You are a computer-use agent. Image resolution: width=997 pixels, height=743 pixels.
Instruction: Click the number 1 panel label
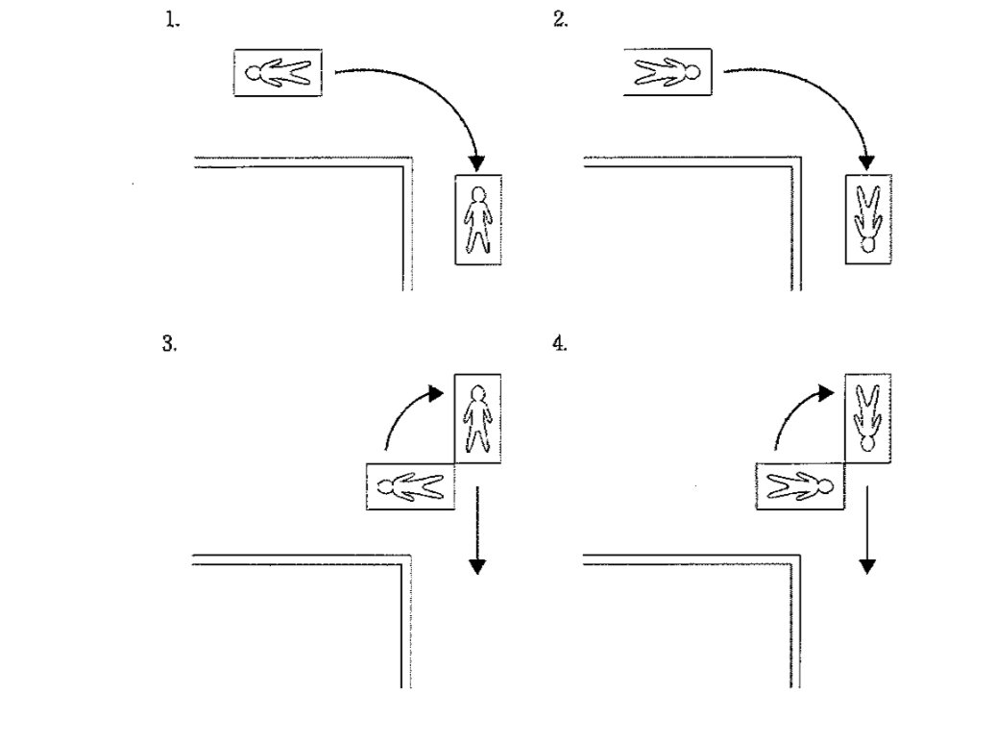[x=172, y=20]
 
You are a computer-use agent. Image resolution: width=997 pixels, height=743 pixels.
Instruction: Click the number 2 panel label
[x=560, y=20]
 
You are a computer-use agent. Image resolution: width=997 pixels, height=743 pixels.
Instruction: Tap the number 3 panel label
[x=169, y=344]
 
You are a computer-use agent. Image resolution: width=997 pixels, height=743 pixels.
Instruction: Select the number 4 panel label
[x=559, y=344]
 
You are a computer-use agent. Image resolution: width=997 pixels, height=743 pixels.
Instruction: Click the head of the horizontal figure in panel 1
[x=254, y=73]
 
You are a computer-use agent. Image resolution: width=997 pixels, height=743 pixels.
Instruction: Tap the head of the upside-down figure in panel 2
[x=868, y=245]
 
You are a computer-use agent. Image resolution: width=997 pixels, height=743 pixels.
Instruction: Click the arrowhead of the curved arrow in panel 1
[x=475, y=163]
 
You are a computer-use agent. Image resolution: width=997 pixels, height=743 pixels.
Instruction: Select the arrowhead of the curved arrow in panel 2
[x=866, y=162]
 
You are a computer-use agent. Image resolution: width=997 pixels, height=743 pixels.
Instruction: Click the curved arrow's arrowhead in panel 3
[x=436, y=393]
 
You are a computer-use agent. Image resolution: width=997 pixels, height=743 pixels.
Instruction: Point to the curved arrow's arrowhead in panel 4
[x=826, y=393]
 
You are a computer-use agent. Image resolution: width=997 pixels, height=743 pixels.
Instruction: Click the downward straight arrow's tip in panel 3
[x=477, y=575]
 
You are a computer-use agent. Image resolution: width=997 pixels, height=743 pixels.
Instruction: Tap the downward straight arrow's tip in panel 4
[x=867, y=575]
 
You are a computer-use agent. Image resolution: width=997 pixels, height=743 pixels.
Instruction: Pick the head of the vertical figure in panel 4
[x=868, y=443]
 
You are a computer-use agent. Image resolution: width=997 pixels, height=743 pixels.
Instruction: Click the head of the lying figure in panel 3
[x=386, y=488]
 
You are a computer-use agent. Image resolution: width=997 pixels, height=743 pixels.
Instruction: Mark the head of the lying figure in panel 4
[x=825, y=487]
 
